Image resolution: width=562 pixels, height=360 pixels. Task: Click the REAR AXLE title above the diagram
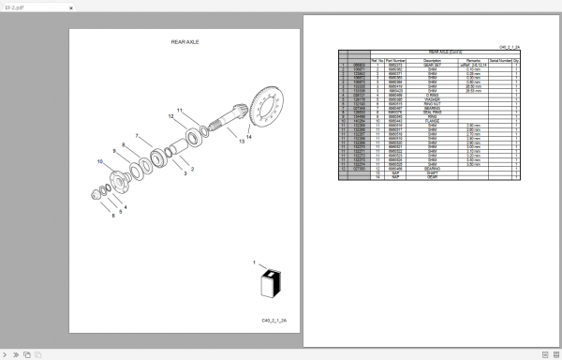pyautogui.click(x=185, y=42)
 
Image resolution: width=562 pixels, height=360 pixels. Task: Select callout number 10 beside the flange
pyautogui.click(x=100, y=161)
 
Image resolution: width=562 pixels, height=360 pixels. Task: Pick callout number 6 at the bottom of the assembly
pyautogui.click(x=114, y=216)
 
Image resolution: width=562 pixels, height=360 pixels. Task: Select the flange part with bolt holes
pyautogui.click(x=124, y=179)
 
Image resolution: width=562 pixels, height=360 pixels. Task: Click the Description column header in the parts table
pyautogui.click(x=431, y=59)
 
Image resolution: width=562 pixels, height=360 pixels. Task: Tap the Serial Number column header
pyautogui.click(x=498, y=59)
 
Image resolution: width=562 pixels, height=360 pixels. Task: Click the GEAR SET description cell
pyautogui.click(x=431, y=64)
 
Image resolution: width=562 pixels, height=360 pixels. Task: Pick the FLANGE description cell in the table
pyautogui.click(x=431, y=120)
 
